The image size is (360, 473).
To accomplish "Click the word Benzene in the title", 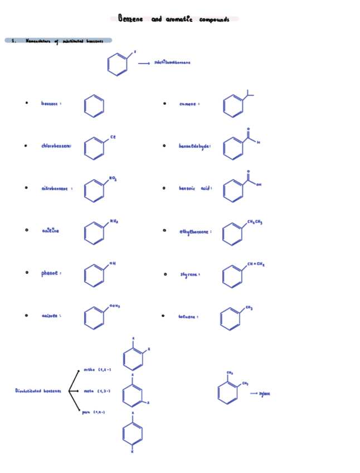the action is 130,20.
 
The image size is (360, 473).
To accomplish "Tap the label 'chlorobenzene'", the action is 56,146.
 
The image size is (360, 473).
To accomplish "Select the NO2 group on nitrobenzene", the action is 113,178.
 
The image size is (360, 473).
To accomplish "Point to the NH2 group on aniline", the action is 114,221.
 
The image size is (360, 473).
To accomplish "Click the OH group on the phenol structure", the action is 112,263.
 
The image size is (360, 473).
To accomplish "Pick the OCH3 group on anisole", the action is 115,306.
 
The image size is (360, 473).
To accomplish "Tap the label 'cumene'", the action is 189,104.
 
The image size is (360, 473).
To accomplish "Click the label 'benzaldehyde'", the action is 194,146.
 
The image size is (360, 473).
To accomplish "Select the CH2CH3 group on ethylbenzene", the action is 255,222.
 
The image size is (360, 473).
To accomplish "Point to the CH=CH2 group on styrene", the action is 256,263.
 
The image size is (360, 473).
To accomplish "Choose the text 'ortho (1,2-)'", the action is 98,370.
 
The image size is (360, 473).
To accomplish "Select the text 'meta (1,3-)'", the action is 97,391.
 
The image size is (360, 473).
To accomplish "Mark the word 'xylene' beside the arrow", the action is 265,394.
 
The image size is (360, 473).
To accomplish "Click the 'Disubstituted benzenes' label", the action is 38,390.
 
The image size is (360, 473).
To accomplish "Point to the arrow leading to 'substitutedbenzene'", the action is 144,63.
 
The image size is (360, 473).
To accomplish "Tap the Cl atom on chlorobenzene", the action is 113,137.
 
